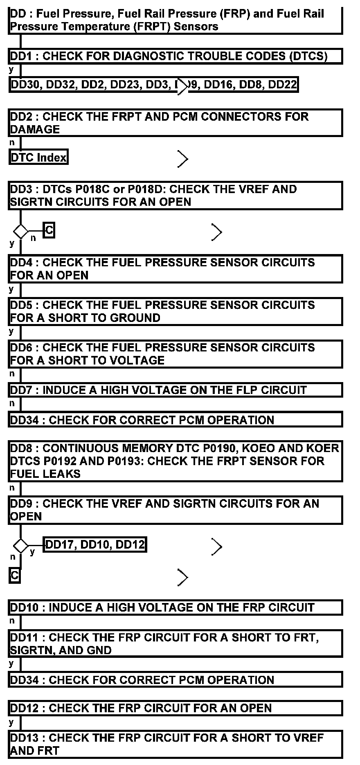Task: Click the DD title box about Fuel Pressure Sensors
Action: coord(175,20)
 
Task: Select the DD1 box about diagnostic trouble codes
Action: coord(175,56)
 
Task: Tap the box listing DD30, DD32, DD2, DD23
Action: coord(153,85)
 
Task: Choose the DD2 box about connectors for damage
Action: coord(175,123)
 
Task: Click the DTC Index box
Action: coord(38,157)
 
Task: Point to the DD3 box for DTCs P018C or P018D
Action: coord(175,196)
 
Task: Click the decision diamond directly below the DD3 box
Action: coord(20,231)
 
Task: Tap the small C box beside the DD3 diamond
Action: coord(49,230)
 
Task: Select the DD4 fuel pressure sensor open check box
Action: coord(175,269)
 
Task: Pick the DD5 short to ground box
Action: coord(175,311)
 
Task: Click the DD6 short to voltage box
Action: coord(175,354)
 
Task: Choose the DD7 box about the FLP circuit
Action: coord(175,390)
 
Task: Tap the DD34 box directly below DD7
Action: coord(175,420)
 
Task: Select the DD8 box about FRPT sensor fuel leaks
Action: coord(175,461)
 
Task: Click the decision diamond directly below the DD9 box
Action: coord(20,546)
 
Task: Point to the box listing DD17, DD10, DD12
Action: coord(95,544)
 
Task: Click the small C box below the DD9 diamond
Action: coord(15,576)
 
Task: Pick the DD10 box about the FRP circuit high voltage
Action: coord(175,607)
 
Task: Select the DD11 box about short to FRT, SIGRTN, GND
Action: coord(175,644)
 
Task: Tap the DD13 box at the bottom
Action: coord(175,744)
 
